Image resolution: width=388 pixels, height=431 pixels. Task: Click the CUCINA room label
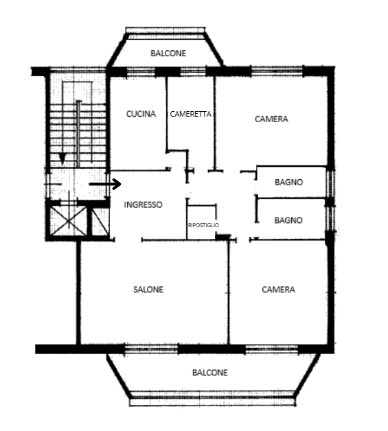(x=141, y=114)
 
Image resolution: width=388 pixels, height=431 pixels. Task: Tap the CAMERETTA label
(x=190, y=114)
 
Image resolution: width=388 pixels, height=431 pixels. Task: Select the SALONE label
(x=148, y=290)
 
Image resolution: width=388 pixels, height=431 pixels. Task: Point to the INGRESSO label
(x=143, y=205)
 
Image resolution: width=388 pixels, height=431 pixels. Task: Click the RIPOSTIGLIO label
(x=203, y=225)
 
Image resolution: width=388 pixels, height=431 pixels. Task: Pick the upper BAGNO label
(x=288, y=182)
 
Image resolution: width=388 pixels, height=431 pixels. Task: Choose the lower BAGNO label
(x=288, y=220)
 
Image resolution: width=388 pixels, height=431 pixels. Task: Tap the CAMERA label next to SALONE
(x=278, y=290)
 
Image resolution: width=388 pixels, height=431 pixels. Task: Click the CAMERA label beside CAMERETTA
(x=271, y=119)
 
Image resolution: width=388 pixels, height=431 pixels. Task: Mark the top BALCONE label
(x=168, y=53)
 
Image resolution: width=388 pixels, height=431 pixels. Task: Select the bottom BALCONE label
(x=210, y=373)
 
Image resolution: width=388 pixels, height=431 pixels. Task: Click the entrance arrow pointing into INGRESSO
(x=105, y=184)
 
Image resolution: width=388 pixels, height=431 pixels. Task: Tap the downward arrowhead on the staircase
(x=62, y=159)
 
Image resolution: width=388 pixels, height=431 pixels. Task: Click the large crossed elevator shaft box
(x=69, y=221)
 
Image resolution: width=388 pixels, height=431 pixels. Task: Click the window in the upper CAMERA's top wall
(x=277, y=71)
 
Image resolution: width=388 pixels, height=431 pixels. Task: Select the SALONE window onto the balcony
(x=151, y=349)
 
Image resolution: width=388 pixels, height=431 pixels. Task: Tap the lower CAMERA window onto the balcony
(x=272, y=349)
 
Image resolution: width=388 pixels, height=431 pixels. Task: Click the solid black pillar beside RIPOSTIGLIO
(x=222, y=237)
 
